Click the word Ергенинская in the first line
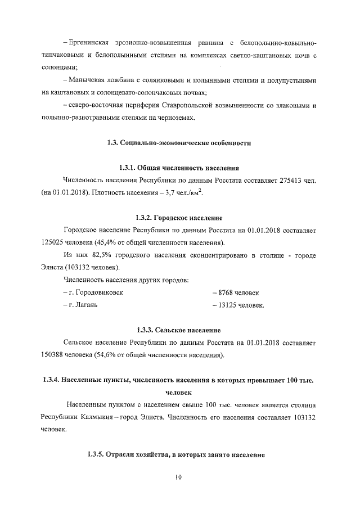click(92, 43)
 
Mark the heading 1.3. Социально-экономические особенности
click(178, 143)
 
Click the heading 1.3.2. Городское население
click(179, 218)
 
